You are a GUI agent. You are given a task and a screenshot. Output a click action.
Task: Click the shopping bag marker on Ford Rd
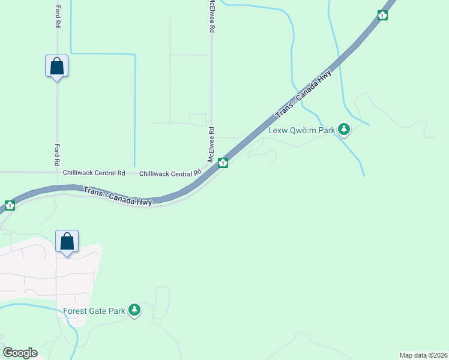(56, 66)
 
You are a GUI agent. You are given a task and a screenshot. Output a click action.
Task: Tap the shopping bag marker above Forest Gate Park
(67, 241)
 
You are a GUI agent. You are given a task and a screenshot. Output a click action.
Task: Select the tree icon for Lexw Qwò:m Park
(344, 129)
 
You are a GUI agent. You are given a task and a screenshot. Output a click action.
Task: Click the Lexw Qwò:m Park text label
(301, 130)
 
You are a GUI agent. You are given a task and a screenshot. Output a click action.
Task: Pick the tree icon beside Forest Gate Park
(136, 310)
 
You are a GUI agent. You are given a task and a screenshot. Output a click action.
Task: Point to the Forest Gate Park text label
(94, 311)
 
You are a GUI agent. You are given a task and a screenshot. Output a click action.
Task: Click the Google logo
(20, 353)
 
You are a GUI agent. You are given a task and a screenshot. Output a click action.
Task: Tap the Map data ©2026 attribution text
(423, 355)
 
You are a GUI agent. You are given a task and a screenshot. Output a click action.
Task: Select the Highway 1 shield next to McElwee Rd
(223, 163)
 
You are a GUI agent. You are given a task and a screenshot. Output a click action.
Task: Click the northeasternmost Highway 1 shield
(382, 16)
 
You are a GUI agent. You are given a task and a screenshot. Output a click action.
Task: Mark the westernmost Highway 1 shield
(10, 206)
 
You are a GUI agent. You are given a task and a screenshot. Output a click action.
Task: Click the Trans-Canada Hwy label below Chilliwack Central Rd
(118, 196)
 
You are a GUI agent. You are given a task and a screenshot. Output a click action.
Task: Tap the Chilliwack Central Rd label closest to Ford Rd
(94, 173)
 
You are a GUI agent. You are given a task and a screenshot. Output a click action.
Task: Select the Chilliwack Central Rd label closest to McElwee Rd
(170, 173)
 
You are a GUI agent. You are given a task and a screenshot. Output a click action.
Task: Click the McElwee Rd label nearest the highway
(211, 145)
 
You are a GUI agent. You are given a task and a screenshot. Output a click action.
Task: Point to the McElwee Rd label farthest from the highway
(212, 16)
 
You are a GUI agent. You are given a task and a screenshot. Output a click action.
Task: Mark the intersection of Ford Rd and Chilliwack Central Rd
(57, 172)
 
